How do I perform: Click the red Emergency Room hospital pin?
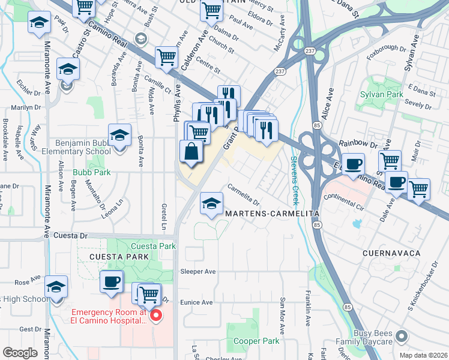coord(155,315)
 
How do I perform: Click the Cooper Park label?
coord(256,341)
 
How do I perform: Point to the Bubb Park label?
coord(88,172)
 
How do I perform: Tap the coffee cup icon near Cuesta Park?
coord(111,282)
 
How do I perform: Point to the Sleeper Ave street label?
coord(197,271)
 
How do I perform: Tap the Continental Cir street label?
coord(344,200)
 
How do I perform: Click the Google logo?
coord(20,353)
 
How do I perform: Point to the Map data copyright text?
coord(423,355)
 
